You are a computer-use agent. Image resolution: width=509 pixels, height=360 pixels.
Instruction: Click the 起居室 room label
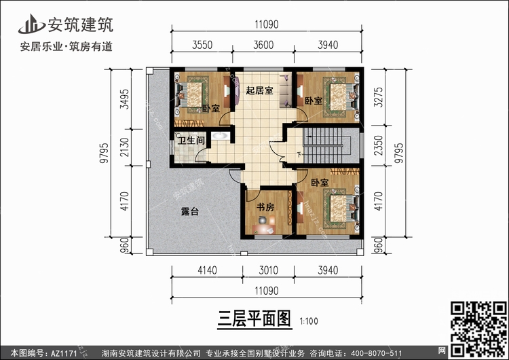(x=259, y=90)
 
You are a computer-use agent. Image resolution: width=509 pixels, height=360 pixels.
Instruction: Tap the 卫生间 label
(x=191, y=141)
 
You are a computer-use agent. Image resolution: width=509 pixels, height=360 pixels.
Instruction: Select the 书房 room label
(x=265, y=207)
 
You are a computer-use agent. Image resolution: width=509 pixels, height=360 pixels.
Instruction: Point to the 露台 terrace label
(x=190, y=212)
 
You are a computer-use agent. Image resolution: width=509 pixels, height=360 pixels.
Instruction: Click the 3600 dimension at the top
(x=263, y=45)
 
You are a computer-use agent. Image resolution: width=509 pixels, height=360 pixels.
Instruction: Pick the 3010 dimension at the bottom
(x=269, y=270)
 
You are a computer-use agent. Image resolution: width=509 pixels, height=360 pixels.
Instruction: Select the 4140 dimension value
(x=207, y=270)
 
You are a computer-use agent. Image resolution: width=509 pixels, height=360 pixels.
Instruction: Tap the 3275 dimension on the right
(x=379, y=97)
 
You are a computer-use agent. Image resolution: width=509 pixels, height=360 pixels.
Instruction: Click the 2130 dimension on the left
(x=124, y=147)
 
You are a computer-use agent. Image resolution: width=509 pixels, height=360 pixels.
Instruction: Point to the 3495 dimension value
(x=124, y=98)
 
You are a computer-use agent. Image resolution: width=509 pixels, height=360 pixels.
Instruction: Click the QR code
(x=479, y=329)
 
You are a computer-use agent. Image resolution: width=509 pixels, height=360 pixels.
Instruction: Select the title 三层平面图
(x=254, y=319)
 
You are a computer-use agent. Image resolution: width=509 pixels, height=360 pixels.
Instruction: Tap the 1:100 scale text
(x=309, y=321)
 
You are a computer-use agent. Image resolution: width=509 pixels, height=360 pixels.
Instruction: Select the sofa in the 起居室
(x=286, y=90)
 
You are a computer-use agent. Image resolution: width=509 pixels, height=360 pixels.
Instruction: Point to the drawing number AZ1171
(x=64, y=353)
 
